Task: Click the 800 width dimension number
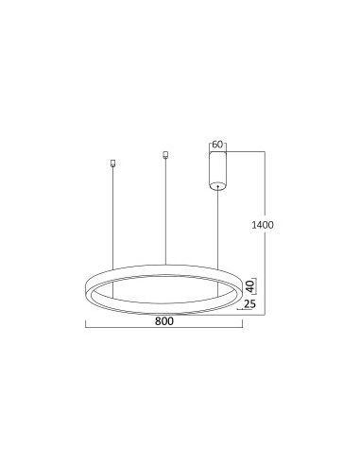[x=164, y=320]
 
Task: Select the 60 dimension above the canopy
[x=217, y=145]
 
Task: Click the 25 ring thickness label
[x=249, y=304]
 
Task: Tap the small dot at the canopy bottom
[x=217, y=187]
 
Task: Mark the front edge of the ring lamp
[x=164, y=311]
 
